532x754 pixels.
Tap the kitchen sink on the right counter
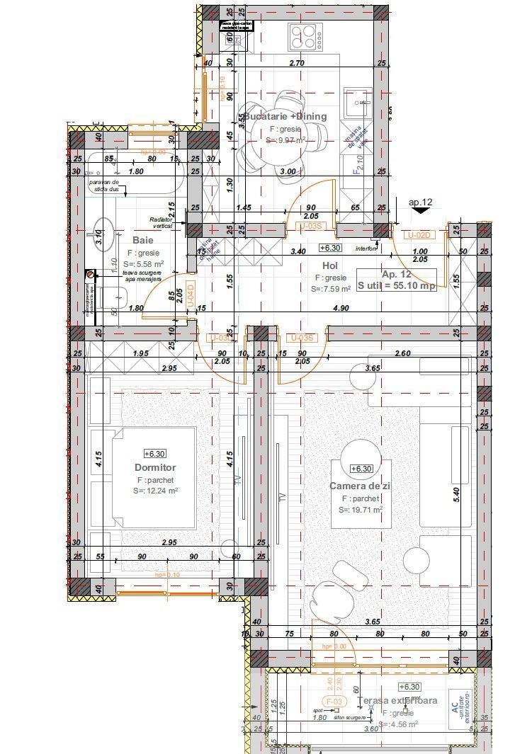point(358,106)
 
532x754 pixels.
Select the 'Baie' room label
point(142,241)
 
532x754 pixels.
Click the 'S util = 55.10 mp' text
point(397,285)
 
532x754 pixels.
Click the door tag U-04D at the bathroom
point(189,295)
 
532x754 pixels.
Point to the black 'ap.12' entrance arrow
point(421,210)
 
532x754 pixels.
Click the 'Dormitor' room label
point(155,467)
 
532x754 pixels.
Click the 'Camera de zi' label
point(360,486)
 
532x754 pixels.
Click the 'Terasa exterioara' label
point(397,701)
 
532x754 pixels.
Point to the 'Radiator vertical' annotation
point(162,222)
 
